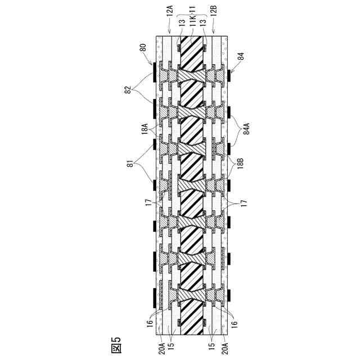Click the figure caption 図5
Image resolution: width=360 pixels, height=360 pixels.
click(116, 345)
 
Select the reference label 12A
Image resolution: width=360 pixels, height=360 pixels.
click(170, 25)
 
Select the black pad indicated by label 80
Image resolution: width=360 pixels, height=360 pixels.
click(155, 72)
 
